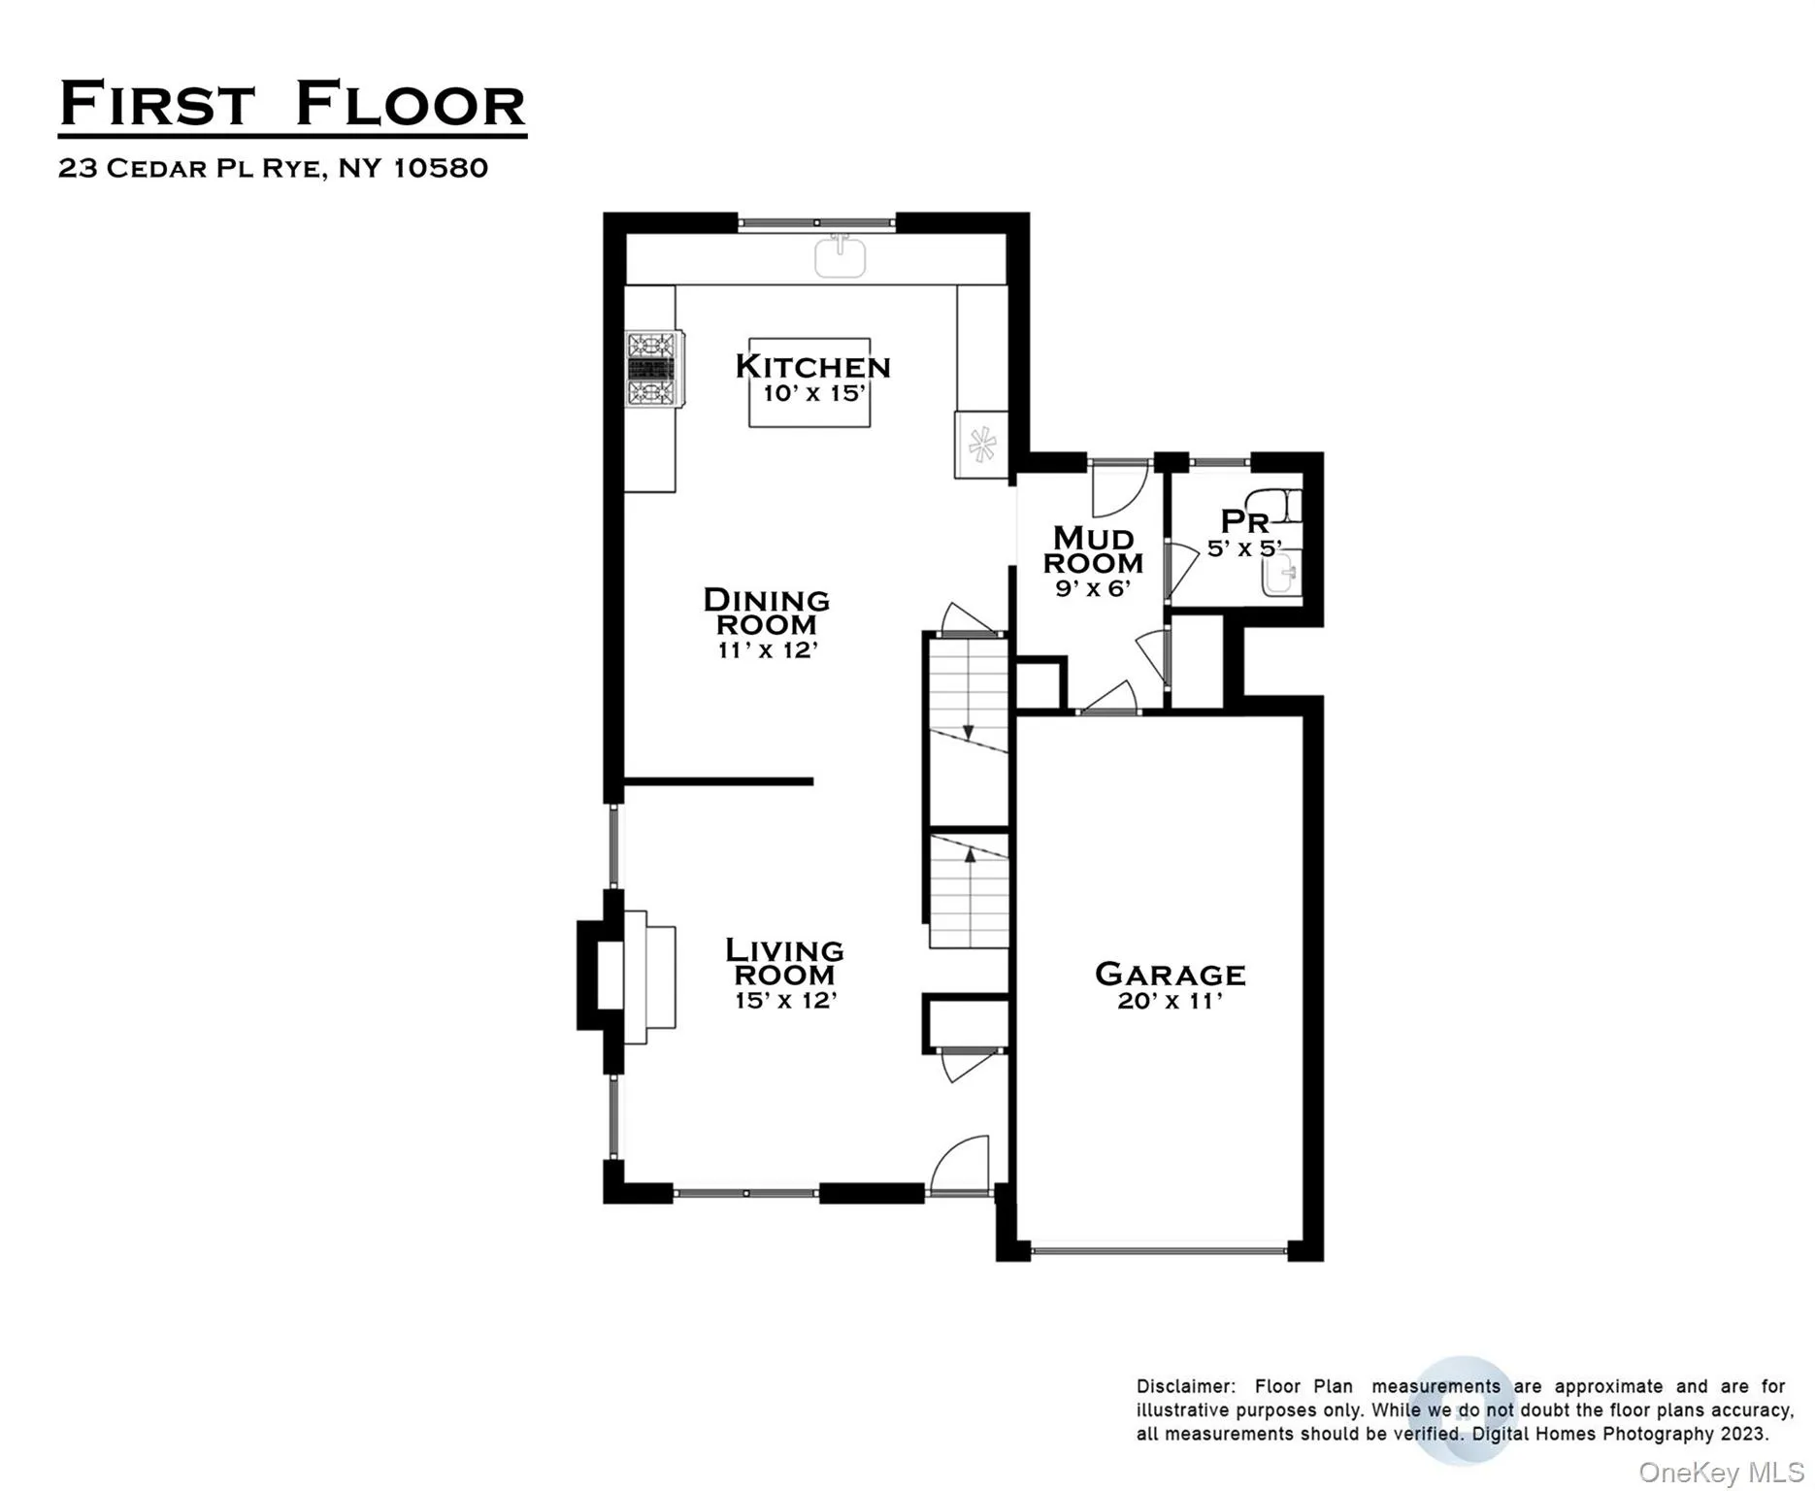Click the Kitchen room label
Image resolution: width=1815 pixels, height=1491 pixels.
812,366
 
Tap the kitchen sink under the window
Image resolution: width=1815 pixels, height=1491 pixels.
840,257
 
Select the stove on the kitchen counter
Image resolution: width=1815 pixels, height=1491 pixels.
651,369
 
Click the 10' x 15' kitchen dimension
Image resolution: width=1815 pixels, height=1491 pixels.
812,393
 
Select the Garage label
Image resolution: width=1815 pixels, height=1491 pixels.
1170,974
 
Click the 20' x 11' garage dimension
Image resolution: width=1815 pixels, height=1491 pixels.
1170,1001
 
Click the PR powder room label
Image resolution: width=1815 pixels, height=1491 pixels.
1243,521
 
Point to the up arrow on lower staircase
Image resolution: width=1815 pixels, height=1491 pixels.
970,855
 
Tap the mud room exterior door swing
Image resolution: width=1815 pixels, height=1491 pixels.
1118,488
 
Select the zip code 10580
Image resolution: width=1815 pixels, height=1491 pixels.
441,168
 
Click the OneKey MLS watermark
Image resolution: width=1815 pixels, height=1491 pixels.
1720,1472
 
